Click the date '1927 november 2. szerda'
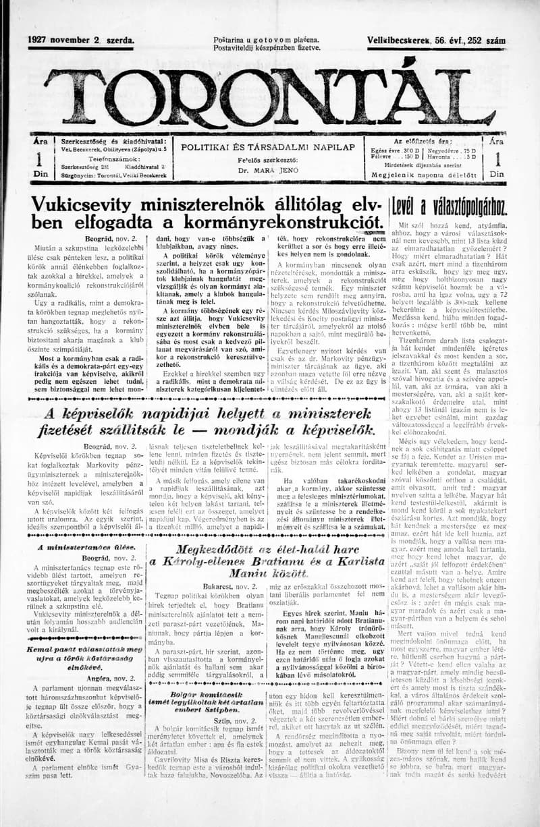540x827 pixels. [80, 40]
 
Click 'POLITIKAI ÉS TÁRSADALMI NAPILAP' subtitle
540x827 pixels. [268, 146]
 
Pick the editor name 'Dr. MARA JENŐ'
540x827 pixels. [268, 171]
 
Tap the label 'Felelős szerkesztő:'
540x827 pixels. [268, 161]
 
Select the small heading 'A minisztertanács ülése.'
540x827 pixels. [86, 547]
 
